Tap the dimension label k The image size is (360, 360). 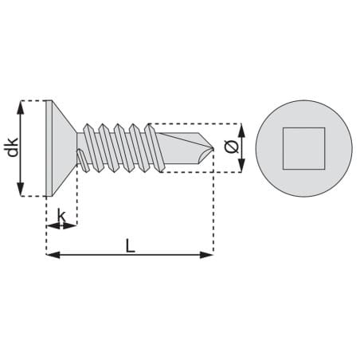[61, 216]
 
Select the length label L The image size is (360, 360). [130, 245]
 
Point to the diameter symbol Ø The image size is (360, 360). [231, 147]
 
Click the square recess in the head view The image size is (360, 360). [303, 148]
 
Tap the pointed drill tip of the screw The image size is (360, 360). [213, 147]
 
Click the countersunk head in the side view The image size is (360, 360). [61, 148]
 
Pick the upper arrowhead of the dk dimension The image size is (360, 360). [21, 108]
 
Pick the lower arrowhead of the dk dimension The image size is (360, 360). [21, 190]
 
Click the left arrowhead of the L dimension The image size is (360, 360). [53, 255]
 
